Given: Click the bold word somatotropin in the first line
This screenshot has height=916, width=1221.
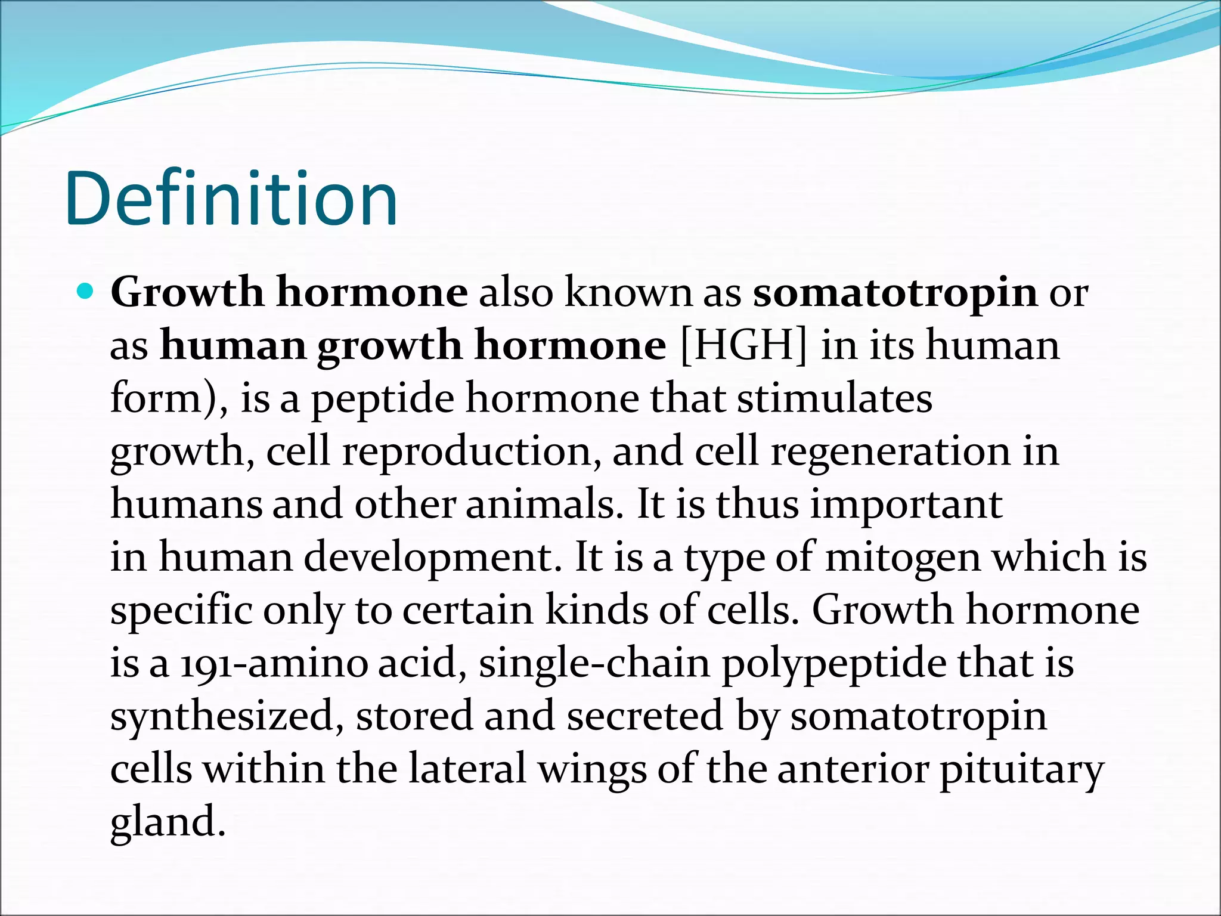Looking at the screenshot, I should pos(895,293).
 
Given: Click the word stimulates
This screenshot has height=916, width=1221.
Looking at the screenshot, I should pos(835,398).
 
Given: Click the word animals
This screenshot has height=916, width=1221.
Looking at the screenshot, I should pos(540,505).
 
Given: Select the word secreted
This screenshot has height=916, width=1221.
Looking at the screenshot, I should pos(644,716).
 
